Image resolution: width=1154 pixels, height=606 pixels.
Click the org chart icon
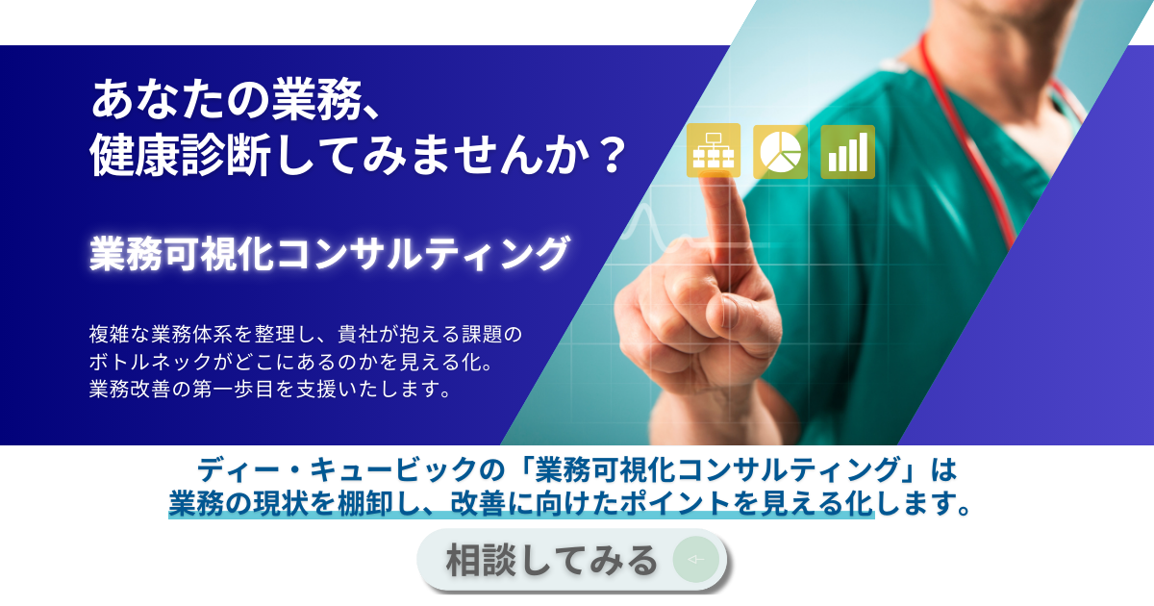coord(714,150)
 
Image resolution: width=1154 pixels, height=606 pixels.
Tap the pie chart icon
coord(781,152)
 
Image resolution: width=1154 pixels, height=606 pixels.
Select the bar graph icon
coord(847,152)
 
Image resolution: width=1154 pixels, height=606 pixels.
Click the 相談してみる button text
coord(552,560)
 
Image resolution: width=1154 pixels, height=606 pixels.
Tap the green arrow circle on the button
coord(696,560)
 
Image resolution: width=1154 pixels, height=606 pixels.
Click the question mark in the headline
coord(613,155)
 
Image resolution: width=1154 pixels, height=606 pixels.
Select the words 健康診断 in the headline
coord(181,155)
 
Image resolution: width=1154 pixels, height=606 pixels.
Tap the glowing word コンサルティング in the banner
coord(422,254)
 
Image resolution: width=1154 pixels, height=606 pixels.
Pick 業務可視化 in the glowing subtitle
coord(182,254)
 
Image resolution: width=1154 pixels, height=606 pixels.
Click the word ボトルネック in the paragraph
coord(150,363)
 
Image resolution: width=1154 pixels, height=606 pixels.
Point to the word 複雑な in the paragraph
coord(119,335)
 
